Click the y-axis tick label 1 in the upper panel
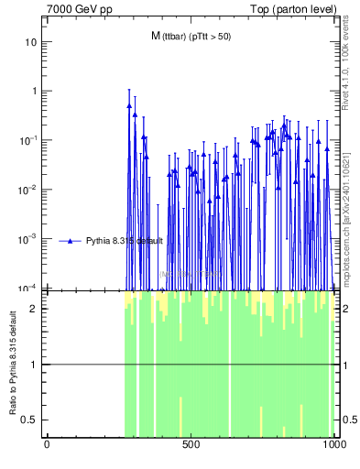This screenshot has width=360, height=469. point(34,92)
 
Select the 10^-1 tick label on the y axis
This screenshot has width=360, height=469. point(28,140)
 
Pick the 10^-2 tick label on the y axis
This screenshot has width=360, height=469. point(28,190)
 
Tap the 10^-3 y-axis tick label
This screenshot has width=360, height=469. point(28,238)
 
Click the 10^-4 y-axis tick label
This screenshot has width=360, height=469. point(28,287)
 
